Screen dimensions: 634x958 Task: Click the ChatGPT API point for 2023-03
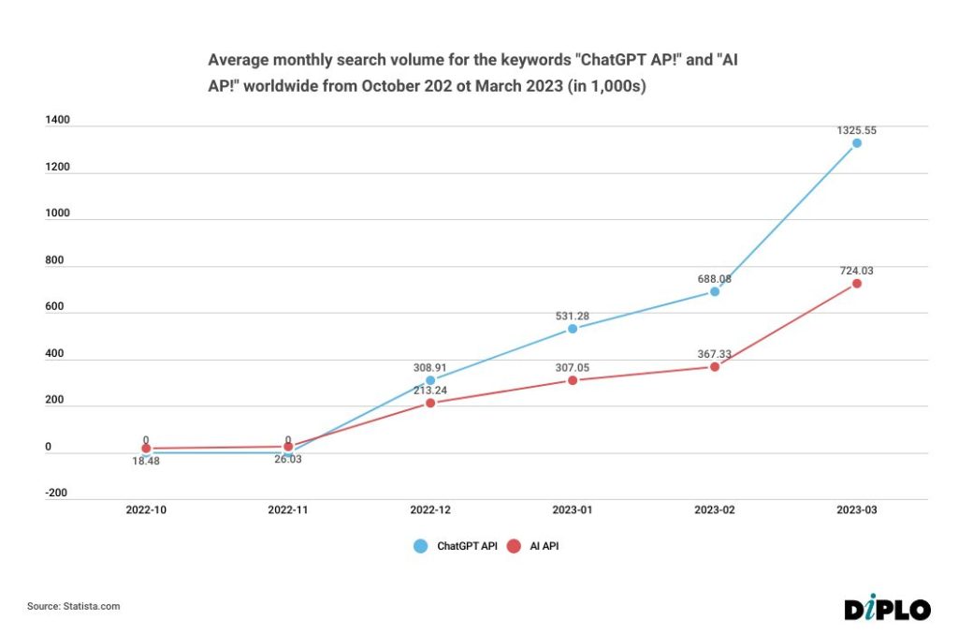click(x=856, y=143)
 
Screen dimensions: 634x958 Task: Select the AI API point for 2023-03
click(x=856, y=284)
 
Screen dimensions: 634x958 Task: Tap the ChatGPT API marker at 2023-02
click(x=715, y=291)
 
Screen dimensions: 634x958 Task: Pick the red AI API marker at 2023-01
click(x=573, y=381)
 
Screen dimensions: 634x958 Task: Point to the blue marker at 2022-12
click(x=430, y=380)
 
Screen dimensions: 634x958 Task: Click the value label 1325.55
click(x=856, y=130)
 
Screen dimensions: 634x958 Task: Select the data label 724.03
click(x=856, y=271)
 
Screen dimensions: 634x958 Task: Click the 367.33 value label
click(x=714, y=354)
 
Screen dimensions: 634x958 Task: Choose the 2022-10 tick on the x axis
click(x=146, y=511)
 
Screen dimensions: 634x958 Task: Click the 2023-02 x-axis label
click(x=715, y=511)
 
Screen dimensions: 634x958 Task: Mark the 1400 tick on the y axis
click(x=57, y=122)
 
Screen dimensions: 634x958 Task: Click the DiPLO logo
click(x=887, y=608)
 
